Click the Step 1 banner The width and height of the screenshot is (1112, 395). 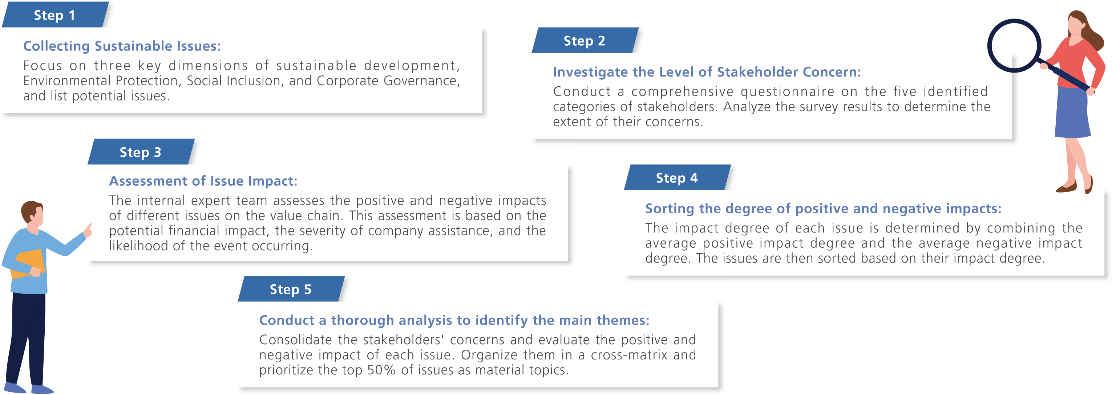point(55,15)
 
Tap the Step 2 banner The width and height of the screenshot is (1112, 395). point(585,41)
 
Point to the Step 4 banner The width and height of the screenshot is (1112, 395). point(677,177)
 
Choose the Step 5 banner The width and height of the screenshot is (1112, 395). point(291,289)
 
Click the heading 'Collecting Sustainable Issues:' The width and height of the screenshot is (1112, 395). point(122,46)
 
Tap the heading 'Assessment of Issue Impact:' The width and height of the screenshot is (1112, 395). point(203,181)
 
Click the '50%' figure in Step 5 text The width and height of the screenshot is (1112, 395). point(381,370)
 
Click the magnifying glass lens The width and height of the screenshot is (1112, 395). point(1014,46)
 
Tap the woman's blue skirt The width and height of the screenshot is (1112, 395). point(1073,112)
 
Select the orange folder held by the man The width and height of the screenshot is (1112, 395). point(28,263)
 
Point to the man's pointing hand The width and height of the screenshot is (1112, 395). point(88,230)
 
